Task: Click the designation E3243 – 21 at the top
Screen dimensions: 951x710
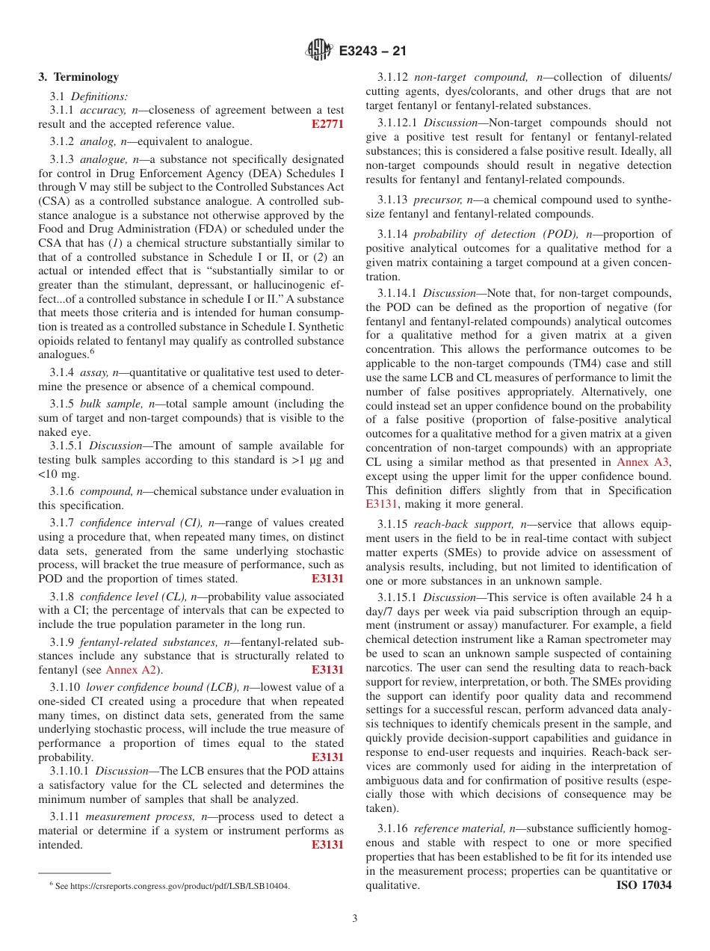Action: (x=372, y=52)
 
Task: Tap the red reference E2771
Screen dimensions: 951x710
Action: (x=327, y=124)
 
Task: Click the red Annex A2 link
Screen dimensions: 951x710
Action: (x=131, y=670)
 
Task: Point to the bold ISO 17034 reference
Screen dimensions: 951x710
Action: (x=643, y=885)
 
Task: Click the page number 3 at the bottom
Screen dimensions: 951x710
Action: (x=355, y=919)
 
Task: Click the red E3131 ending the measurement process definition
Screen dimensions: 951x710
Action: (x=327, y=845)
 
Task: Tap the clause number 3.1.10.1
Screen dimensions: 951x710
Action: (x=71, y=771)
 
